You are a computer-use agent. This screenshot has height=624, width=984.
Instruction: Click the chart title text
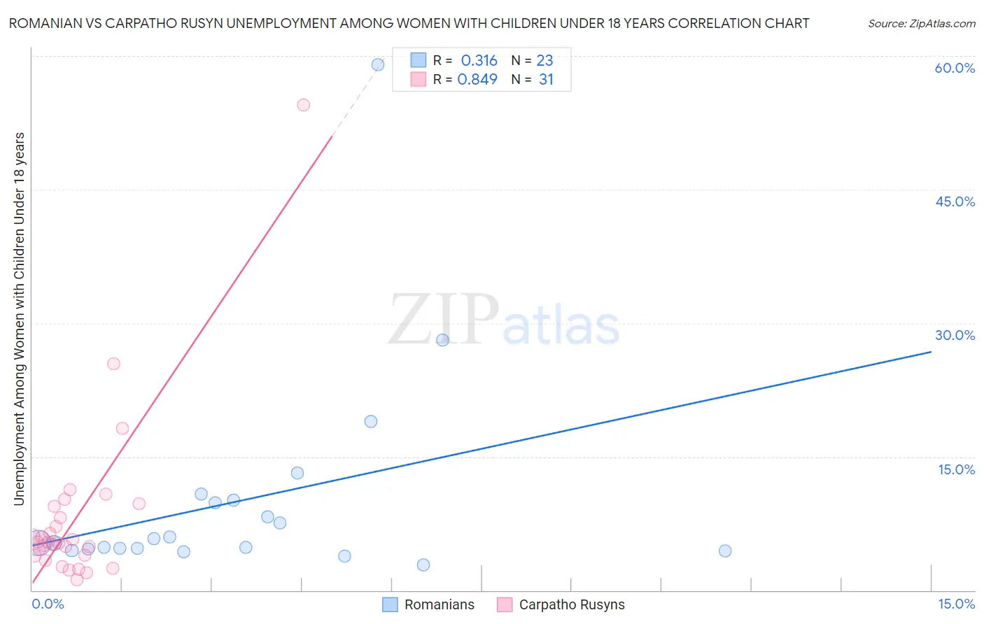pos(409,23)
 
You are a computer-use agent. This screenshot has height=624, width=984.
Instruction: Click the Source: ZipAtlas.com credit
pos(921,23)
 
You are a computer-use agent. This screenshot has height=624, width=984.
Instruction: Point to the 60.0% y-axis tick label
pos(955,68)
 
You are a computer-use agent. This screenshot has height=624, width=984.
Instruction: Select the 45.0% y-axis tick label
pos(955,201)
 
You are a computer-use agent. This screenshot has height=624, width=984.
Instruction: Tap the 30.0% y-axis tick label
pos(955,335)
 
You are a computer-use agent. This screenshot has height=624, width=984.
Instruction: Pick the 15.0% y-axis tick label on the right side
pos(956,469)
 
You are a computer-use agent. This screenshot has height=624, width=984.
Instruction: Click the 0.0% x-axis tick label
pos(48,604)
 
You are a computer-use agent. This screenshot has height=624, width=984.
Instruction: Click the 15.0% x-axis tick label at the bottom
pos(956,604)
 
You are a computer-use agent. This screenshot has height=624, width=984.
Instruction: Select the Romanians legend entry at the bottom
pos(428,605)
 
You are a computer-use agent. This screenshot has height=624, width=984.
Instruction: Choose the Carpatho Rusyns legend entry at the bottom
pos(561,605)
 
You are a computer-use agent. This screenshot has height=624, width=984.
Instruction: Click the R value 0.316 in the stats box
pos(479,61)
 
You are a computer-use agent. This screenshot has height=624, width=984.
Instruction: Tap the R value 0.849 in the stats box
pos(477,80)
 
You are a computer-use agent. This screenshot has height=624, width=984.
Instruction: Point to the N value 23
pos(544,61)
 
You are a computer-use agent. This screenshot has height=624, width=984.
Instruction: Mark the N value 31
pos(546,80)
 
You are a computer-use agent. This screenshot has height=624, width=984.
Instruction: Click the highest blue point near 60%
pos(378,65)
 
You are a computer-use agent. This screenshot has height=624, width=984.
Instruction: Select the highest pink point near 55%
pos(303,105)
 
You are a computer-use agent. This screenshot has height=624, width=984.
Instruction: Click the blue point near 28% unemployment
pos(442,340)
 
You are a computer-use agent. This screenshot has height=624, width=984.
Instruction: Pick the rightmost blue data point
pos(725,551)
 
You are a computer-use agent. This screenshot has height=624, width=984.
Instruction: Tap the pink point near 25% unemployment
pos(113,364)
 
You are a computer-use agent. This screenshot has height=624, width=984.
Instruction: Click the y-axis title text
pos(19,319)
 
